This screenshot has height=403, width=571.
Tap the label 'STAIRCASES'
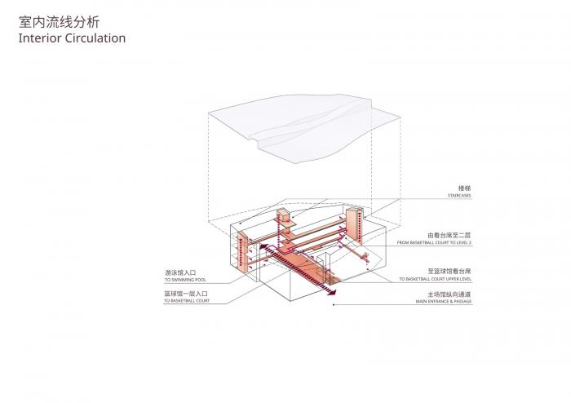[x=458, y=196]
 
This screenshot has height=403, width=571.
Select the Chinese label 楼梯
[x=465, y=188]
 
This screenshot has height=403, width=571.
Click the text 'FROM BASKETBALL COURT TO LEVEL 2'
[x=435, y=243]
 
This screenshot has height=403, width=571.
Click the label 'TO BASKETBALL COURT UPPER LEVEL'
[x=435, y=279]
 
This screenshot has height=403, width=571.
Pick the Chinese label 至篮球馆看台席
[x=449, y=270]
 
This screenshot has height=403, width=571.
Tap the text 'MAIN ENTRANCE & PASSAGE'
[x=443, y=302]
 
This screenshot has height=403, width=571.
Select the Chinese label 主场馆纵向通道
[x=449, y=294]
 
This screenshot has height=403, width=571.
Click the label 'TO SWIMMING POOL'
[x=185, y=280]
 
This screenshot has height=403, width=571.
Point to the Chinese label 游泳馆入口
[x=180, y=272]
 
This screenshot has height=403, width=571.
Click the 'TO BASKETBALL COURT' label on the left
[x=187, y=302]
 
